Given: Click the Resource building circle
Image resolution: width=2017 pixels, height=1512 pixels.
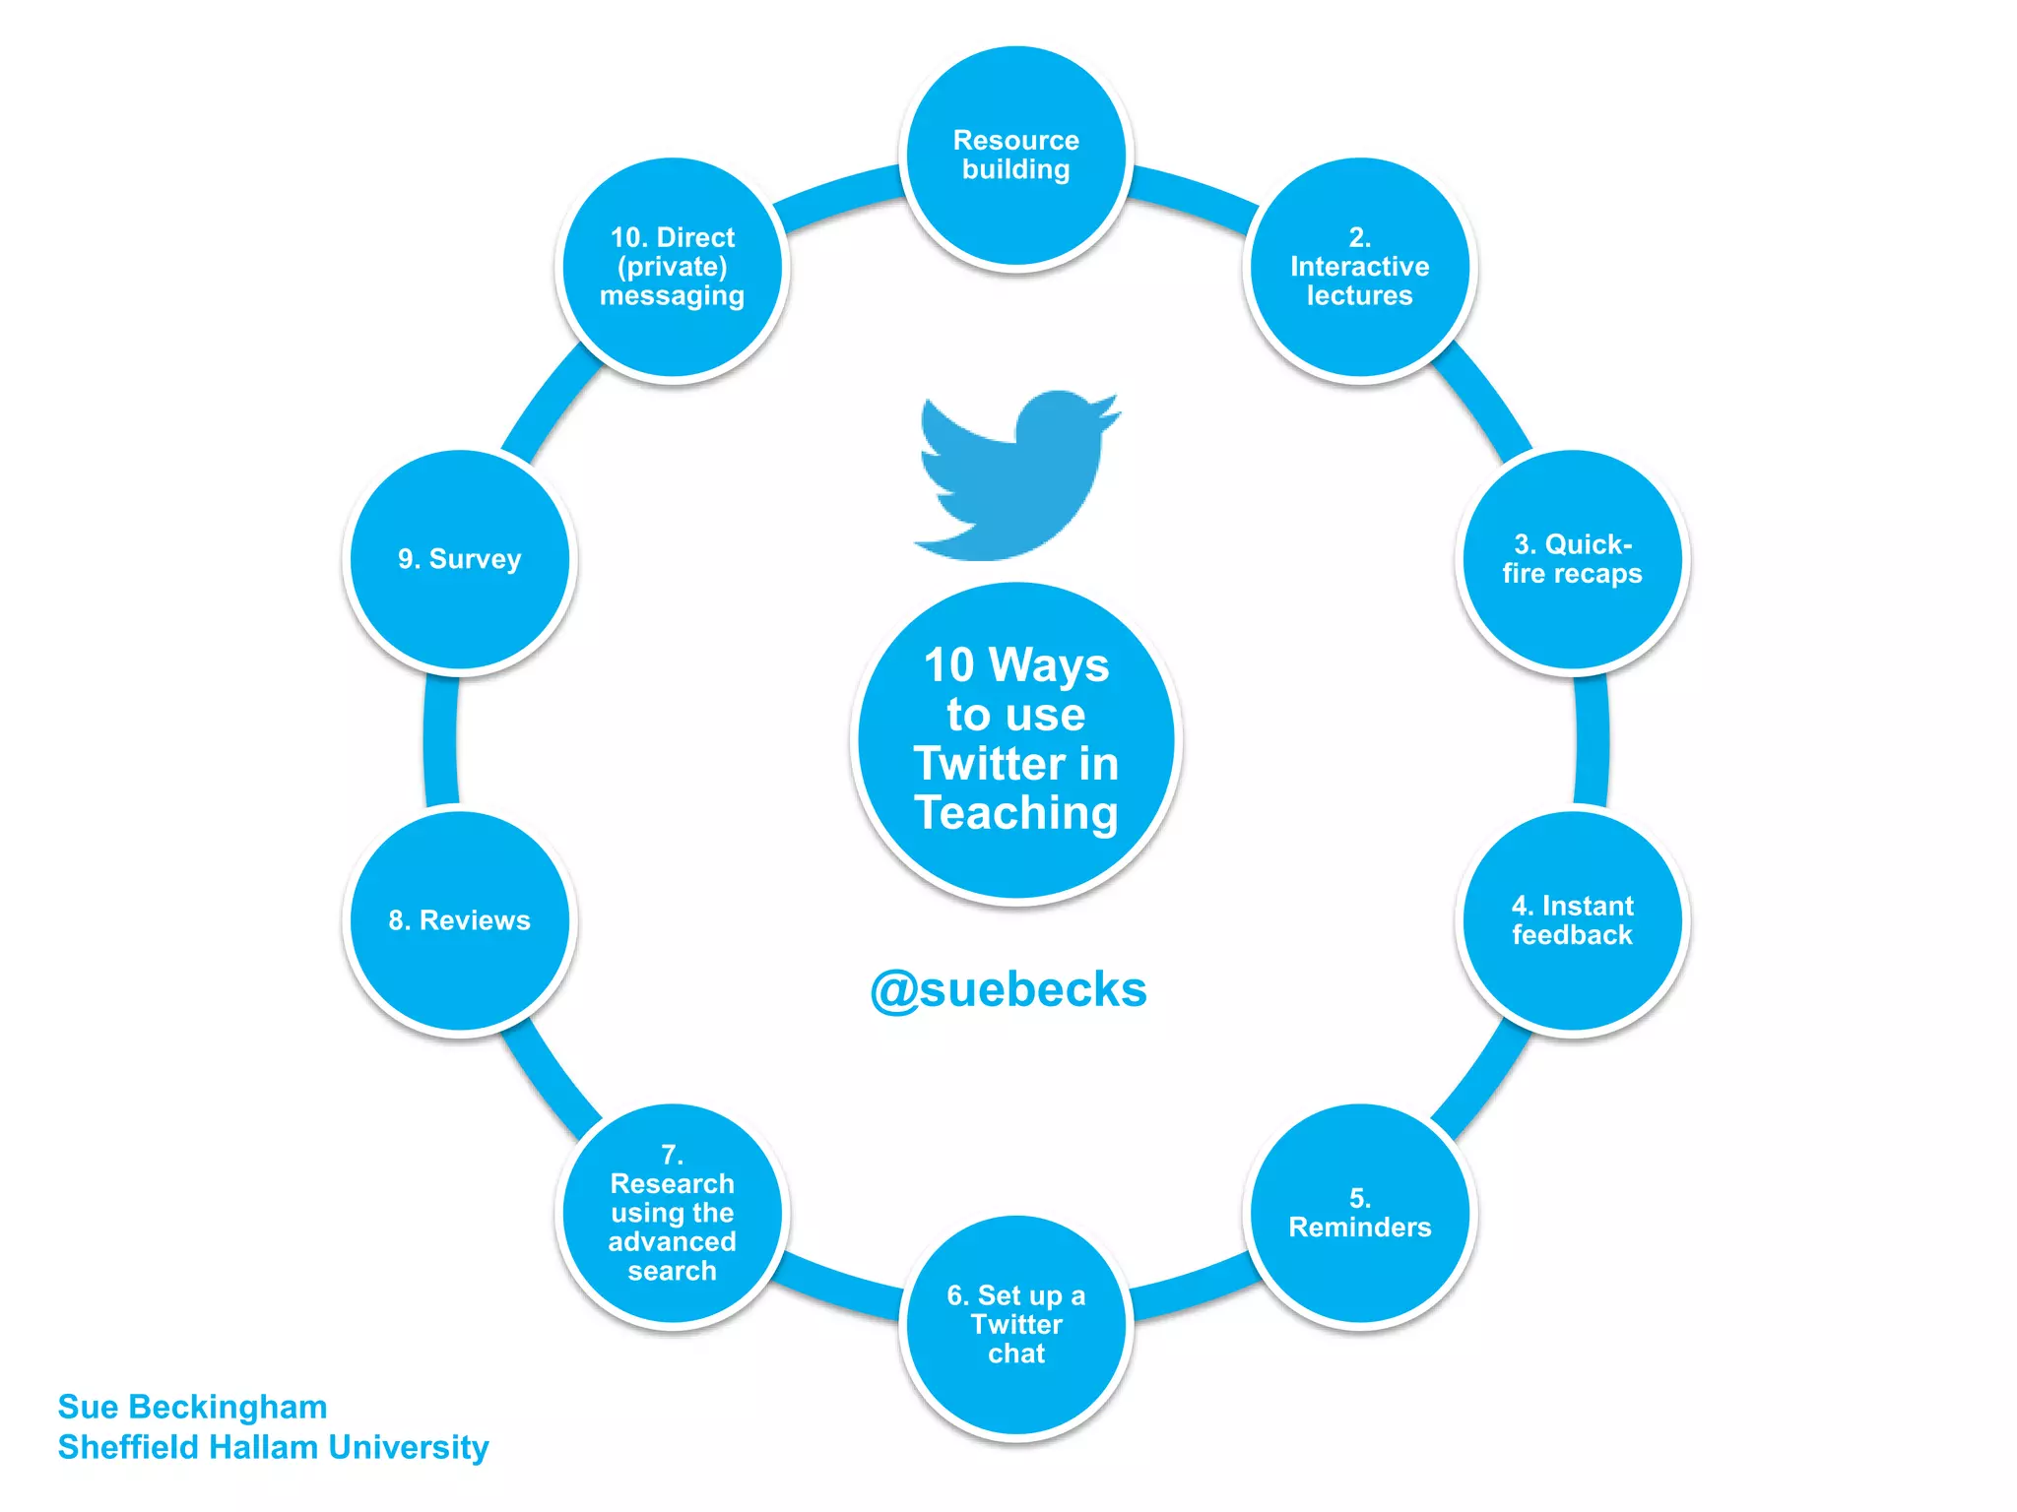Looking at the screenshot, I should pos(1015,156).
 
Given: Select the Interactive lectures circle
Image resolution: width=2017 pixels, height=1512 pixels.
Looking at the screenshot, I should pos(1359,267).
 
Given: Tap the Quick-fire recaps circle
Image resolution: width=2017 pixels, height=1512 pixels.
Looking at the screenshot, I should pos(1572,559).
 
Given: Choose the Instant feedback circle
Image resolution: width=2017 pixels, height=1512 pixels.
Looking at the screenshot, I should pos(1572,920).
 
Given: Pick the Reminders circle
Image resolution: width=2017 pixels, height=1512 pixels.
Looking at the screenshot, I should pos(1359,1213).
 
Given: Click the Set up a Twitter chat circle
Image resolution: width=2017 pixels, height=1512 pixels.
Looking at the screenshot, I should pos(1015,1324).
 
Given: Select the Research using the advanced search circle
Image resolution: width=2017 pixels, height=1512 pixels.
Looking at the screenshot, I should pos(673,1213).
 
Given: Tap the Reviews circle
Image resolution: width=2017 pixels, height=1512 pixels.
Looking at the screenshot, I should pos(460,920).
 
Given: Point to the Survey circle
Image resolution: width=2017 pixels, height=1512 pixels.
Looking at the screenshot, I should pos(460,559).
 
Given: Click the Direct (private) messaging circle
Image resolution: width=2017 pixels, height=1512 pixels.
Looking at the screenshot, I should pos(673,267).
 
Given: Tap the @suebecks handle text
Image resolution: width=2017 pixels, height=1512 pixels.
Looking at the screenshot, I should pos(1008,989).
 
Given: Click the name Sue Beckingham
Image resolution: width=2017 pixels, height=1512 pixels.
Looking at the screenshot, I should pos(192,1407).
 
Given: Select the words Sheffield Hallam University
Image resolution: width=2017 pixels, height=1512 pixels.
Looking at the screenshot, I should pos(273,1447).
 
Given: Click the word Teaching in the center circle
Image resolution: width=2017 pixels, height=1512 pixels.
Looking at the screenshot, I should pos(1015,813).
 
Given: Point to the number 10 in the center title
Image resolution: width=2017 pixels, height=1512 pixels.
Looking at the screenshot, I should pos(948,665).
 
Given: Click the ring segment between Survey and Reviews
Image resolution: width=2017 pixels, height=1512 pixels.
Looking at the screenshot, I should pos(440,740).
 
